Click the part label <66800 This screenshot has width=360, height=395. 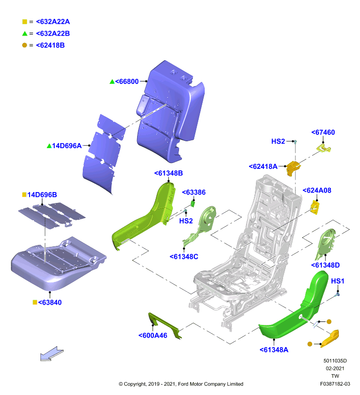point(127,81)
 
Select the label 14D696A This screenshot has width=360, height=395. point(67,146)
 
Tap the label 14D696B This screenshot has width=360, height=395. point(42,195)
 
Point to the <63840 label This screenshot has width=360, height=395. point(50,302)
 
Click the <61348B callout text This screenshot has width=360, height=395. point(168,173)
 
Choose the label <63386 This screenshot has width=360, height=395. point(194,192)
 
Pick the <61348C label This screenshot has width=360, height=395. point(184,257)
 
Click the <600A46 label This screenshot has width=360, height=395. point(153,336)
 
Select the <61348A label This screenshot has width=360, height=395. point(274,350)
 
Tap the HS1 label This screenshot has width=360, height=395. point(338,281)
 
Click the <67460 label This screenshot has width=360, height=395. point(323,132)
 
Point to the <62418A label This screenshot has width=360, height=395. point(263,166)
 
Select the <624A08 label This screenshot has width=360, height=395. point(317,190)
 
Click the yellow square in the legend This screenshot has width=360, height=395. point(24,22)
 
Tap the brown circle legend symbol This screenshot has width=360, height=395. point(24,45)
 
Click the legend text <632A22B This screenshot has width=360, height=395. point(53,34)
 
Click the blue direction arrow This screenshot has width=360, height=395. point(52,354)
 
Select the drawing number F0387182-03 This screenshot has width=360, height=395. point(335,384)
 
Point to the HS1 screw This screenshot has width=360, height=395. point(338,293)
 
